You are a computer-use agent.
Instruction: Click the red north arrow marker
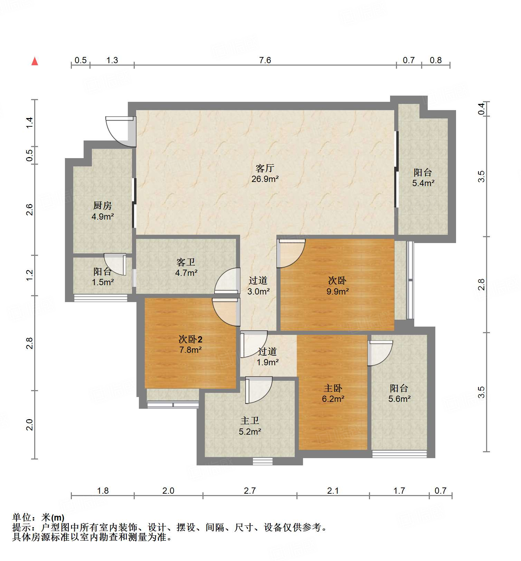[x=35, y=61]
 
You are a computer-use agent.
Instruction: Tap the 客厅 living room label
[x=265, y=168]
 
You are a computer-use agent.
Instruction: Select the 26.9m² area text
[x=265, y=179]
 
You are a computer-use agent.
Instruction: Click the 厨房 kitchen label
[x=103, y=206]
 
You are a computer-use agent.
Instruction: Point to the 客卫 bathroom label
[x=186, y=262]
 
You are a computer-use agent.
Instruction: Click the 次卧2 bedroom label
[x=190, y=339]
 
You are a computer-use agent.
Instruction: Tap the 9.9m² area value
[x=338, y=291]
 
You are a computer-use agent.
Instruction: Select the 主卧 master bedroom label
[x=333, y=388]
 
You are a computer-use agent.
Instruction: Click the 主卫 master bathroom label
[x=250, y=421]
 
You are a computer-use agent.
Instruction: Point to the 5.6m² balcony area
[x=399, y=399]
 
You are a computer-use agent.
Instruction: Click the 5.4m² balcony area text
[x=423, y=183]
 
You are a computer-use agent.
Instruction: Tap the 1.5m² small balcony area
[x=103, y=282]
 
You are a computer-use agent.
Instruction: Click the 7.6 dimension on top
[x=265, y=60]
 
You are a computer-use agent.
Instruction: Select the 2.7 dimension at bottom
[x=250, y=491]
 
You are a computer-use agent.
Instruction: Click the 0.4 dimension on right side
[x=482, y=109]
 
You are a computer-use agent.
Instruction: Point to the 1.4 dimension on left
[x=30, y=123]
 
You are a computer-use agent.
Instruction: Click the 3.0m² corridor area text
[x=258, y=291]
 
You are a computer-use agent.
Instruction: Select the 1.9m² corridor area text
[x=267, y=362]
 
